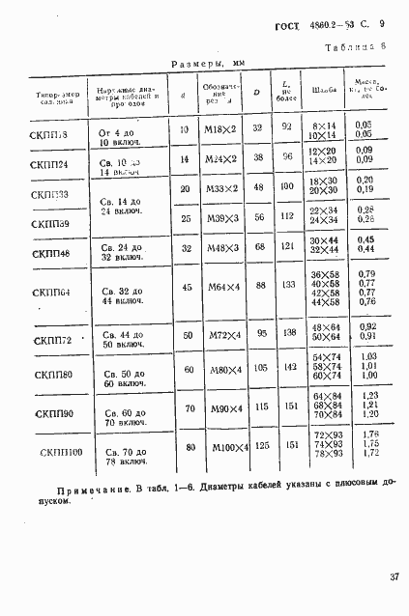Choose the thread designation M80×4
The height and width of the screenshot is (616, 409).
(219, 369)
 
